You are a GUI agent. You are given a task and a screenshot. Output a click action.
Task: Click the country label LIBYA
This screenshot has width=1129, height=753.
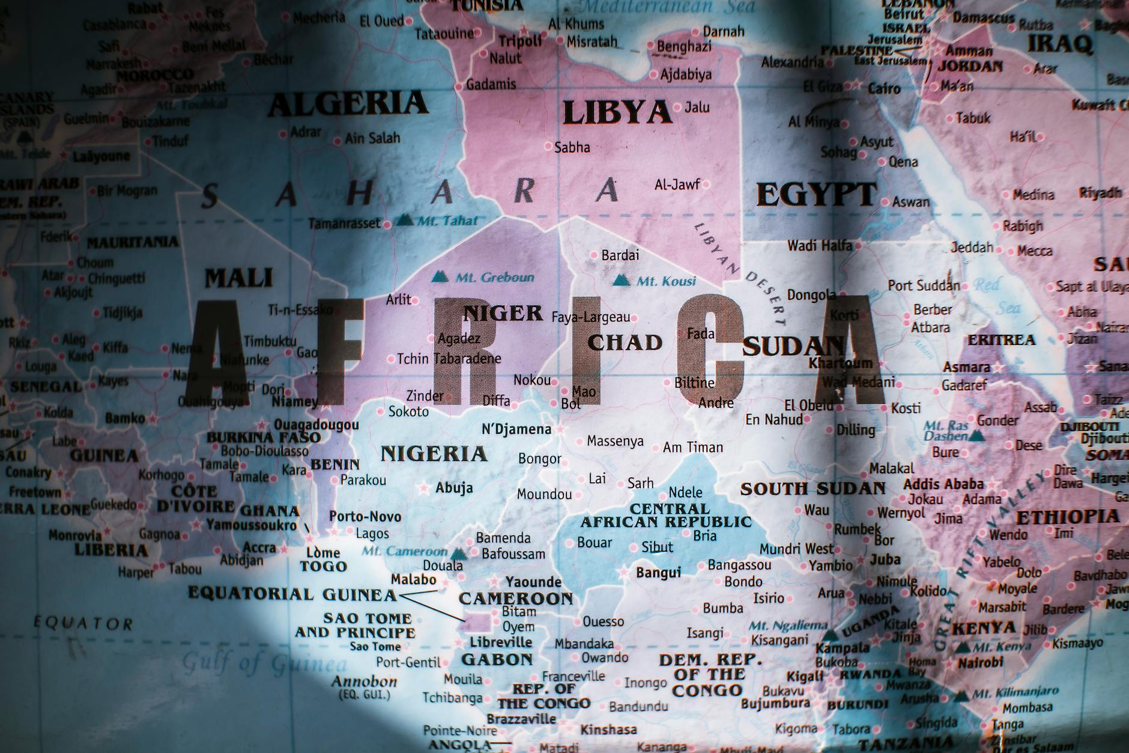coord(617,112)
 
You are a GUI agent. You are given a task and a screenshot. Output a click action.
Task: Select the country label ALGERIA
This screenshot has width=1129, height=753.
coord(348,104)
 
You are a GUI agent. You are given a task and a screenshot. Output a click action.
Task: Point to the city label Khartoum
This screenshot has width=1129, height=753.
coord(840,363)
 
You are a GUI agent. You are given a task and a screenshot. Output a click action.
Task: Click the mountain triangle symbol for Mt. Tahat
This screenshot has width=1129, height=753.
coord(405,220)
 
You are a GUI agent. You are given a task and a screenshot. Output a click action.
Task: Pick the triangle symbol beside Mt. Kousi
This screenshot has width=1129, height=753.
coord(622,280)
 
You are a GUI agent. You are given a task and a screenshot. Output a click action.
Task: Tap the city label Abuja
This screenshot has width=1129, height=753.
coord(454,487)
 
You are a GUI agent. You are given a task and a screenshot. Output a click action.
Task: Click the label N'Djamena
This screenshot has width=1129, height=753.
coord(516,429)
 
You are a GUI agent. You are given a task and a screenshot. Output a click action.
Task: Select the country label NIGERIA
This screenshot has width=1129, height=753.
coord(434,454)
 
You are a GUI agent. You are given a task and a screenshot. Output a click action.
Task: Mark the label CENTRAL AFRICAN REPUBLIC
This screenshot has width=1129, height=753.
coord(665,516)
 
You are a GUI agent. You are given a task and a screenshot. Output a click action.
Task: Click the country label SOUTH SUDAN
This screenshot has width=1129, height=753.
coord(813,489)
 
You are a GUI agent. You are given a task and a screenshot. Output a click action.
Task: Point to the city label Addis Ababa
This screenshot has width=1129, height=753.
coord(943,484)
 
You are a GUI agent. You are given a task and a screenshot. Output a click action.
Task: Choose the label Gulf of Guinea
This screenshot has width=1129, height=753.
coord(264,663)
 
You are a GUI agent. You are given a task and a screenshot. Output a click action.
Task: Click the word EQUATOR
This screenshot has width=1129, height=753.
coord(83,623)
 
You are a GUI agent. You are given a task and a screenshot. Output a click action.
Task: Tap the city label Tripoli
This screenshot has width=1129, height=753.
coord(520,41)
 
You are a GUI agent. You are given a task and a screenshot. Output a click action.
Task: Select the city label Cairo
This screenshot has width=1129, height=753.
coord(884,89)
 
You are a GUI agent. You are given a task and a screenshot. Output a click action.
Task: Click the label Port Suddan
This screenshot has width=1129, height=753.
coord(924,285)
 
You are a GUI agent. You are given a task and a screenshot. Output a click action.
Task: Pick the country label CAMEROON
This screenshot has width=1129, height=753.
coord(516,599)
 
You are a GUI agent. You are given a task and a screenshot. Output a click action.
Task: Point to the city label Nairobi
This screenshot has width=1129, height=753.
coord(980,663)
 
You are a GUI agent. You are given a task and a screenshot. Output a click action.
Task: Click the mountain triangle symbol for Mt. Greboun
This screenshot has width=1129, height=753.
coord(440,277)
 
